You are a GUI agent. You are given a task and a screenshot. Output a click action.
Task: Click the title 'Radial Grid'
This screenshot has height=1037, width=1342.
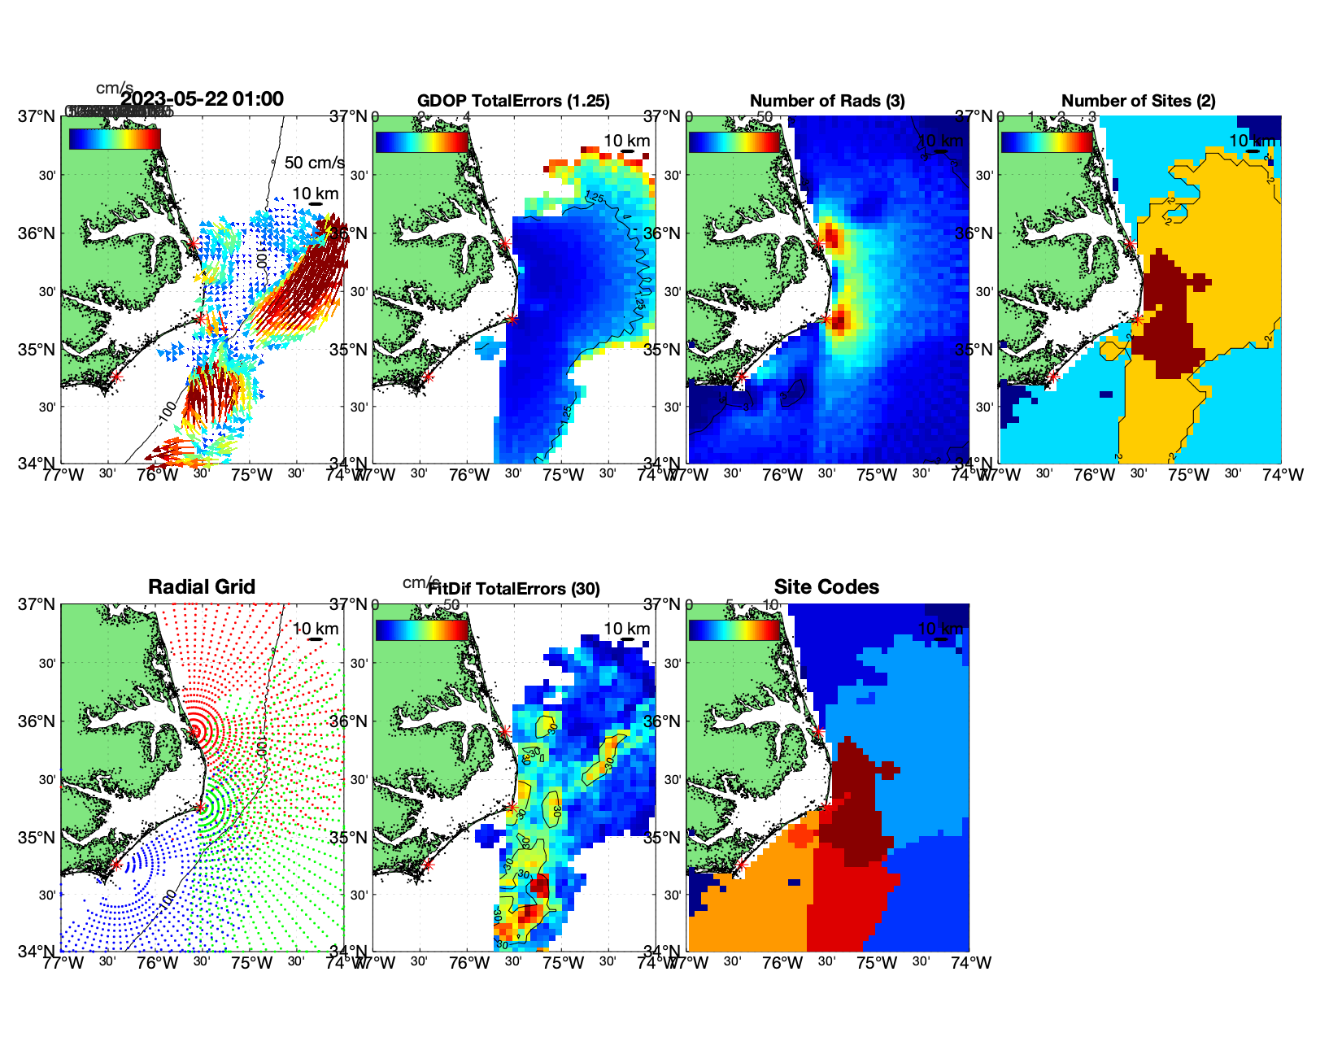click(x=202, y=587)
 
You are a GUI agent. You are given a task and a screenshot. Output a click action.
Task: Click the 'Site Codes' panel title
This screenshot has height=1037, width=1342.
click(x=826, y=587)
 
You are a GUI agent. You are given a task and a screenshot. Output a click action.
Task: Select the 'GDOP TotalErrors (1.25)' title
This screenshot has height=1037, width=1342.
click(x=513, y=101)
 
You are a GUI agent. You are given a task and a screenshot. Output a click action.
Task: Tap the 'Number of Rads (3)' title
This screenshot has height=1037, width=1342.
click(x=827, y=101)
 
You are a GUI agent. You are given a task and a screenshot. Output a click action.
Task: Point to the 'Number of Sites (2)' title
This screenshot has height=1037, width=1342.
click(x=1138, y=101)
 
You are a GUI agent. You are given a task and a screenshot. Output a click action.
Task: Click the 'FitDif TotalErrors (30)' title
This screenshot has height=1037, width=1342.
click(x=514, y=589)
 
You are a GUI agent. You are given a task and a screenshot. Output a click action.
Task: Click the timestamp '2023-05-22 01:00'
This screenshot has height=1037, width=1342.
click(x=203, y=99)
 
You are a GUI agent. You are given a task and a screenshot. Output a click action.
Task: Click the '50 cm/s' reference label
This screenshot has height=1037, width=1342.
click(x=314, y=163)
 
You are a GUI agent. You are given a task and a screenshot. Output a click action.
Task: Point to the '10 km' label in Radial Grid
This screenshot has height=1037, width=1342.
click(x=316, y=629)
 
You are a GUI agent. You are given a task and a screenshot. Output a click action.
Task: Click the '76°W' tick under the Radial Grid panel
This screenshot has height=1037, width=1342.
click(x=157, y=963)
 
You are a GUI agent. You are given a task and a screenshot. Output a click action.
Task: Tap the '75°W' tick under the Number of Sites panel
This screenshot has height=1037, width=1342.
click(x=1188, y=475)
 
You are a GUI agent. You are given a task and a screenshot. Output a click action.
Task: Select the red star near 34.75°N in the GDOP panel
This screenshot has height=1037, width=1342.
click(x=428, y=377)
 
